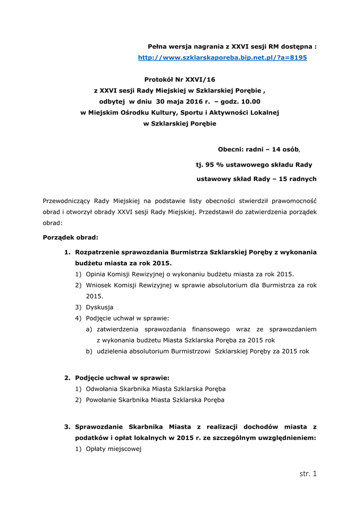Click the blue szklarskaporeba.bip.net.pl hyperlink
pyautogui.click(x=222, y=58)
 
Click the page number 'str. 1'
pyautogui.click(x=308, y=473)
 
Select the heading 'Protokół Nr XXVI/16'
pyautogui.click(x=180, y=79)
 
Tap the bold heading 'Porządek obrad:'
pyautogui.click(x=71, y=237)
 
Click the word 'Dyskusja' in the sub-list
pyautogui.click(x=99, y=307)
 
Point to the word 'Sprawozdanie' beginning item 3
pyautogui.click(x=98, y=427)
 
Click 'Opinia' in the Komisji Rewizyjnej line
pyautogui.click(x=96, y=274)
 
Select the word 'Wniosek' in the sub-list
pyautogui.click(x=99, y=285)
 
